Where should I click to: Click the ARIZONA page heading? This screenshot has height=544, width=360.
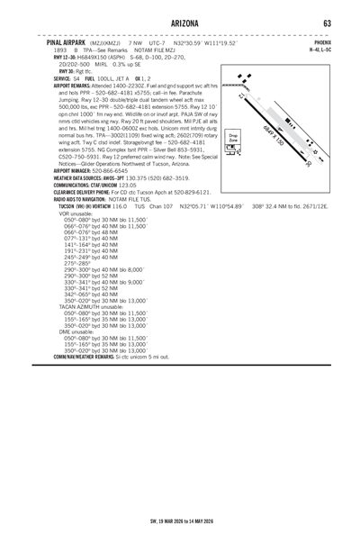pos(180,22)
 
